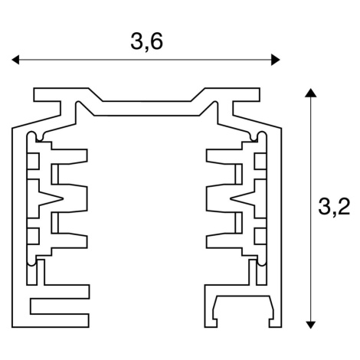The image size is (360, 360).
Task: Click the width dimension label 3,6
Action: point(146,42)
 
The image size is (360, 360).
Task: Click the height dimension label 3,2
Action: point(334,206)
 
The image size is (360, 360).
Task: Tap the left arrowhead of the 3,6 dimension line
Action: point(15,60)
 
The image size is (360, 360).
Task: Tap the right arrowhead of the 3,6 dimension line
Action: point(276,60)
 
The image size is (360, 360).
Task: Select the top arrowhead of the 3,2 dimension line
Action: point(310,93)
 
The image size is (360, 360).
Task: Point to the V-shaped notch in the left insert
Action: point(51,198)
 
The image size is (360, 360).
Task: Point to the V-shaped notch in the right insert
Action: point(243,198)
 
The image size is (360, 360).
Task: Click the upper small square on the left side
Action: point(33,162)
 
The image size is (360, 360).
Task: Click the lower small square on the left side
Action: point(33,236)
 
